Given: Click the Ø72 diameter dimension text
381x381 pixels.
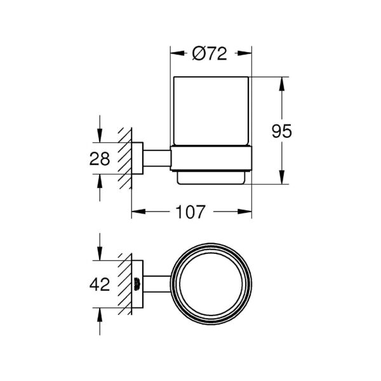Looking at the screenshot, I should tap(210, 55).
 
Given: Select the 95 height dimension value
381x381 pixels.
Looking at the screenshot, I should tap(281, 131).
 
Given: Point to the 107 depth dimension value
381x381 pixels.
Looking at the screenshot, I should tap(192, 212).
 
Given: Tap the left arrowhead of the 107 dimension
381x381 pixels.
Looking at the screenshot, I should tap(136, 212).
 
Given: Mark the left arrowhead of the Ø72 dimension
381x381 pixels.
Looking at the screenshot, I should tap(175, 55).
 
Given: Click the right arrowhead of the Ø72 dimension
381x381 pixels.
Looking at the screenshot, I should tap(248, 55).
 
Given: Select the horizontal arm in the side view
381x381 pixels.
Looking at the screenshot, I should tap(158, 158).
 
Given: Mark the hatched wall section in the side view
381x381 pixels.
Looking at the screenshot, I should tap(125, 159).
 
